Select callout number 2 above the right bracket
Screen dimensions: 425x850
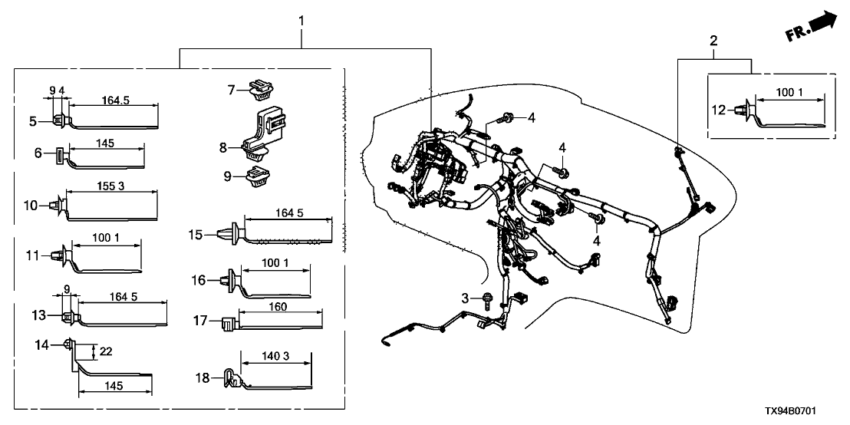[714, 41]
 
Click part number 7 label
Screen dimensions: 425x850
[231, 91]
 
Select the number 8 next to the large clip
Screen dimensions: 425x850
[223, 146]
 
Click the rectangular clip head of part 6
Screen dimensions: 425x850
[60, 160]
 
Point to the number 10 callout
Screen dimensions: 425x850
[31, 206]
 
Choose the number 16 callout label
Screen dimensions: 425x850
[199, 281]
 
